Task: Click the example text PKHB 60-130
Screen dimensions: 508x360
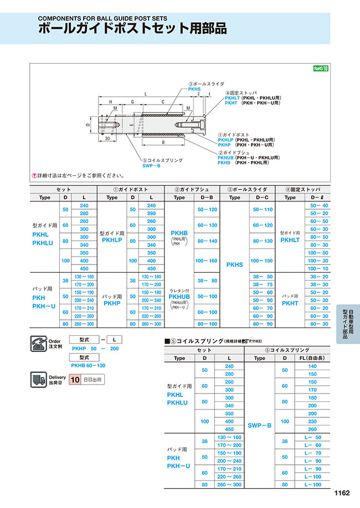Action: pyautogui.click(x=88, y=365)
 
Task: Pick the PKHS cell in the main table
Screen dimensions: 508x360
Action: pyautogui.click(x=235, y=265)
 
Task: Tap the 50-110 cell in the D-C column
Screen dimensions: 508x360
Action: pyautogui.click(x=263, y=210)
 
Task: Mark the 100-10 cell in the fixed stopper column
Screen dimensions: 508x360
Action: pyautogui.click(x=320, y=268)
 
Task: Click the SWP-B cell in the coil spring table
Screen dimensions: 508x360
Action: pyautogui.click(x=259, y=425)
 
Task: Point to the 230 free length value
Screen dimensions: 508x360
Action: pyautogui.click(x=312, y=421)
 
